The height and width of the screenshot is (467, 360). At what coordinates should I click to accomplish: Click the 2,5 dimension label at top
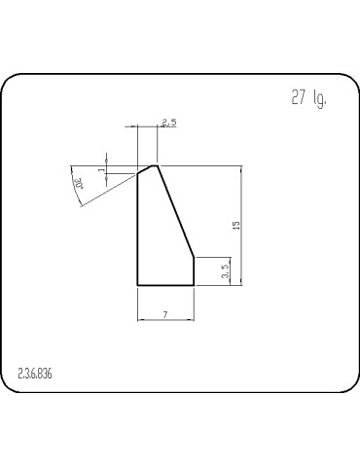[x=167, y=123]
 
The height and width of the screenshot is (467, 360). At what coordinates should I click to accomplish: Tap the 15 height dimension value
[x=235, y=225]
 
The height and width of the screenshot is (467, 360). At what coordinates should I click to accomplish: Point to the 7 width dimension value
[x=165, y=313]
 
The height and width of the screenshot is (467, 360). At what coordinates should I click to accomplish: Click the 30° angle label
[x=79, y=182]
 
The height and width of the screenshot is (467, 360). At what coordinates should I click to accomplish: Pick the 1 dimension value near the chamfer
[x=100, y=170]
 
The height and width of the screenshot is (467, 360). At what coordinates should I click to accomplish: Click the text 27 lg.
[x=307, y=99]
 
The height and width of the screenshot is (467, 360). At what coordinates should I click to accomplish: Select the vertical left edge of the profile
[x=137, y=229]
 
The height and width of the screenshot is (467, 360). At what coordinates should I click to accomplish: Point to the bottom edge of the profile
[x=165, y=285]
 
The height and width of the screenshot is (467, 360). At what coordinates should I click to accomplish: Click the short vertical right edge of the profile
[x=195, y=271]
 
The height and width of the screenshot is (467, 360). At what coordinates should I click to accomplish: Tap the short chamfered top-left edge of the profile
[x=146, y=169]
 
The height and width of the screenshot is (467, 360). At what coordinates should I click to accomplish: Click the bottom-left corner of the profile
[x=137, y=285]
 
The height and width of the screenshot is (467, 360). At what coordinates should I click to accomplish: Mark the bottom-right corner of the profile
[x=195, y=285]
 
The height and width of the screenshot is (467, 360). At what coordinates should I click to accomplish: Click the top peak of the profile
[x=157, y=165]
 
